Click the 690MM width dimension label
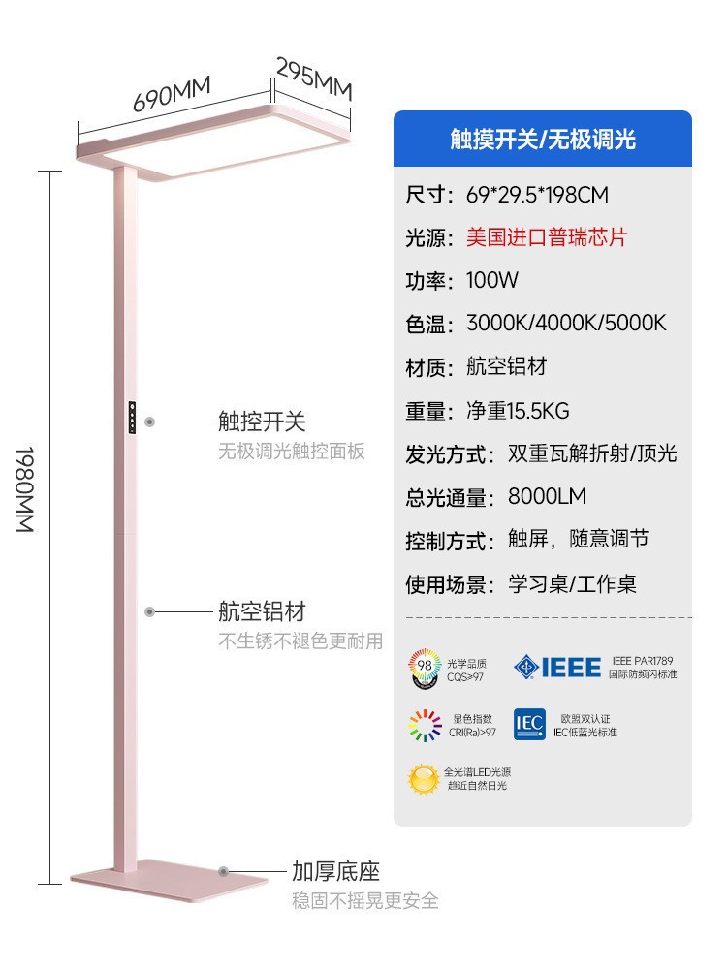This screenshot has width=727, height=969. coord(172,95)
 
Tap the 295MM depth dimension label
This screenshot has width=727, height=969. coord(314,78)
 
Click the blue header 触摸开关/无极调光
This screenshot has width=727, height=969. coord(543,140)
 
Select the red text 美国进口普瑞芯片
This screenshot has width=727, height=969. coord(547,237)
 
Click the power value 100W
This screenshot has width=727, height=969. coord(492,281)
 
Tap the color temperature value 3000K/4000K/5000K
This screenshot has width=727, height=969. coord(566,324)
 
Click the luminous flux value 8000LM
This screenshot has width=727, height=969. coord(547,497)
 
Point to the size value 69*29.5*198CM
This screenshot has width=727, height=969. coord(537,195)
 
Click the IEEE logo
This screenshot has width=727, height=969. coord(557,667)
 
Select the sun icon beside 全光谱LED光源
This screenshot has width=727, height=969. coord(424,778)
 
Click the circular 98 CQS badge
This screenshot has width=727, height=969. coord(424,668)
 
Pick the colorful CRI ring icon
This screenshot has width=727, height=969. coord(424,725)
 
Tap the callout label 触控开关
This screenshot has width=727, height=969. coord(262,422)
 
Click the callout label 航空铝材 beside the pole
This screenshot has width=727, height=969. coord(262,611)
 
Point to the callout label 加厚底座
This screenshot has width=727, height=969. coord(336,871)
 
